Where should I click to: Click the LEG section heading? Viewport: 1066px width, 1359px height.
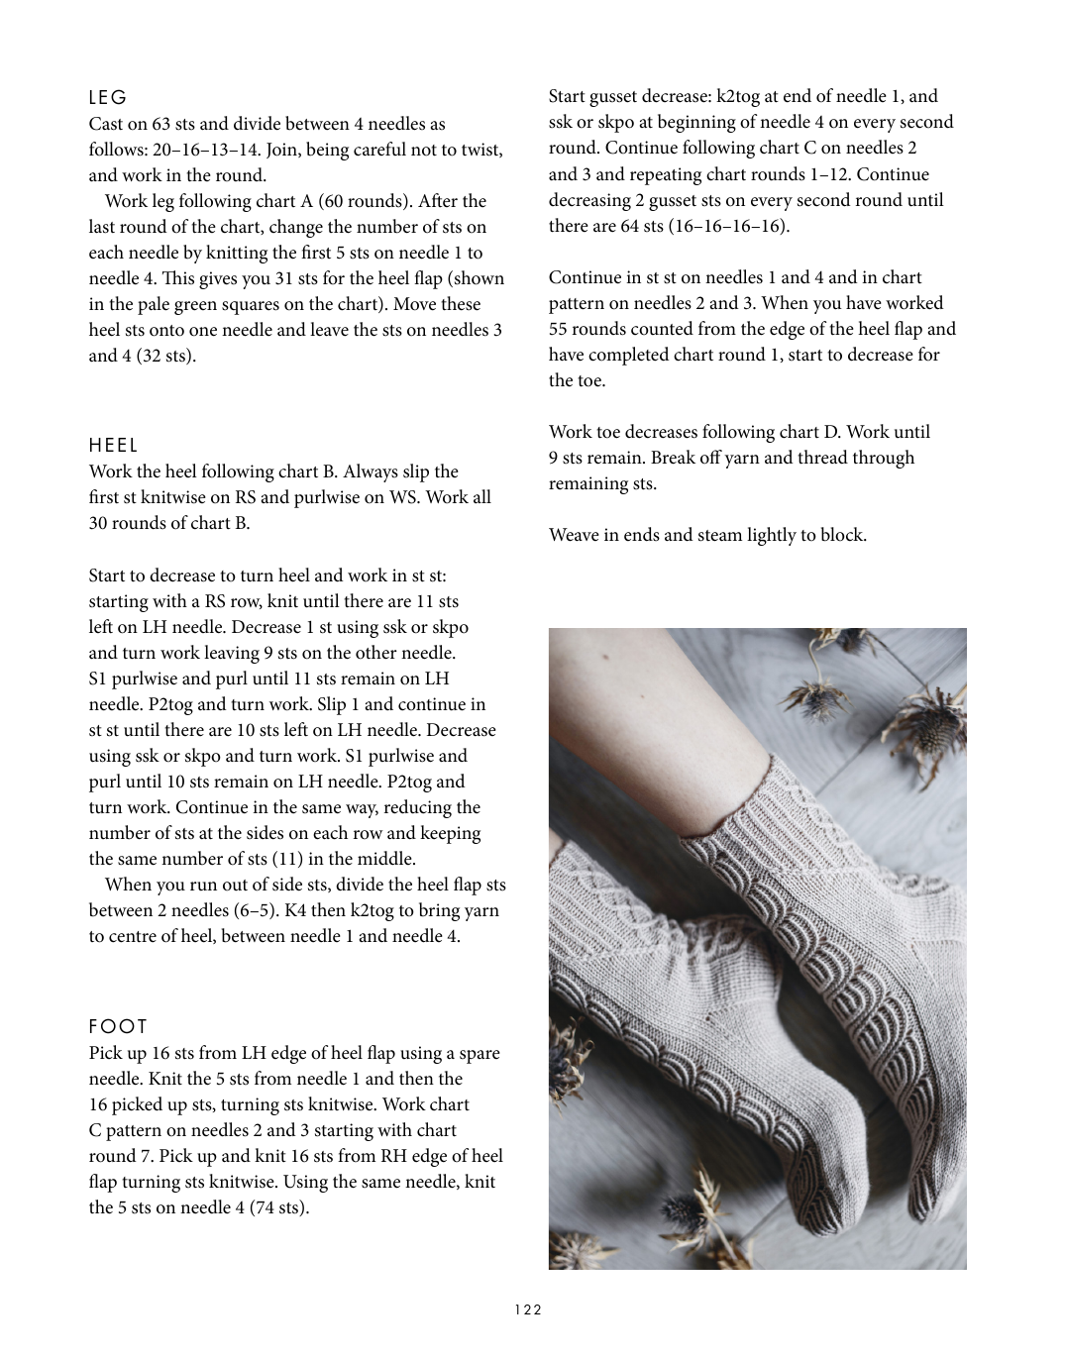click(x=108, y=98)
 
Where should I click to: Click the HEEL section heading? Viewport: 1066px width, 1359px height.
click(x=114, y=446)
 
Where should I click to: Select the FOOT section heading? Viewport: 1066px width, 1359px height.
click(x=118, y=1027)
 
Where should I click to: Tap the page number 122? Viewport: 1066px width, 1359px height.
click(x=528, y=1309)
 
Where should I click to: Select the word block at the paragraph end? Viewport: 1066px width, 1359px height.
click(x=844, y=535)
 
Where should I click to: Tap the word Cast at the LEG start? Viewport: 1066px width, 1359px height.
click(x=107, y=124)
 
